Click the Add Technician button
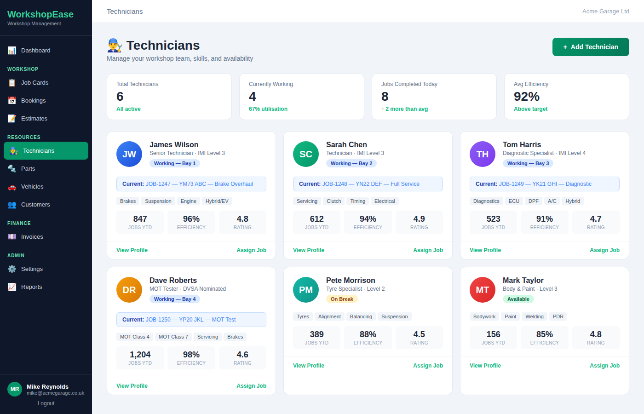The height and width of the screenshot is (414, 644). [591, 47]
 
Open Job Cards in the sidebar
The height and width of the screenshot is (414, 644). [34, 83]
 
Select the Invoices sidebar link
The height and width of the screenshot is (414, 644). [32, 237]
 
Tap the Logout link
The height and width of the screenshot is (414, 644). [46, 403]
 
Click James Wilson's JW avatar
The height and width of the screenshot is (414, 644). [129, 154]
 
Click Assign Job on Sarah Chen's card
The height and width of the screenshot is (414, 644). [428, 250]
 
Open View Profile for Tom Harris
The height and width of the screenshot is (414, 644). [485, 250]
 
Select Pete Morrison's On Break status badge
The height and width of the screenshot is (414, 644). [342, 299]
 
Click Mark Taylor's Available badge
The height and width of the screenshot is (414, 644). [518, 299]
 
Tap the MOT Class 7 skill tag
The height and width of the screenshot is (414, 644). [173, 337]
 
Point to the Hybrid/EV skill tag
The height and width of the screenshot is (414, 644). [217, 201]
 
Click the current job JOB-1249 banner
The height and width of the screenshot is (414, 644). [544, 184]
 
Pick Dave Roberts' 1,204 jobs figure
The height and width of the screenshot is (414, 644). [140, 355]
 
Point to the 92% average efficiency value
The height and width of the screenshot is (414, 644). [526, 97]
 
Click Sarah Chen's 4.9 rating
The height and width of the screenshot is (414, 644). [419, 219]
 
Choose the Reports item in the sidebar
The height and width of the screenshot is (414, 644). [31, 287]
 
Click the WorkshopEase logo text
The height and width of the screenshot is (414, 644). [40, 14]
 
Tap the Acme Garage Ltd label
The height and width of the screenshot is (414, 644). [605, 11]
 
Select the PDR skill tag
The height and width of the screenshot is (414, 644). [558, 316]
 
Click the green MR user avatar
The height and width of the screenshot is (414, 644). [15, 389]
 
